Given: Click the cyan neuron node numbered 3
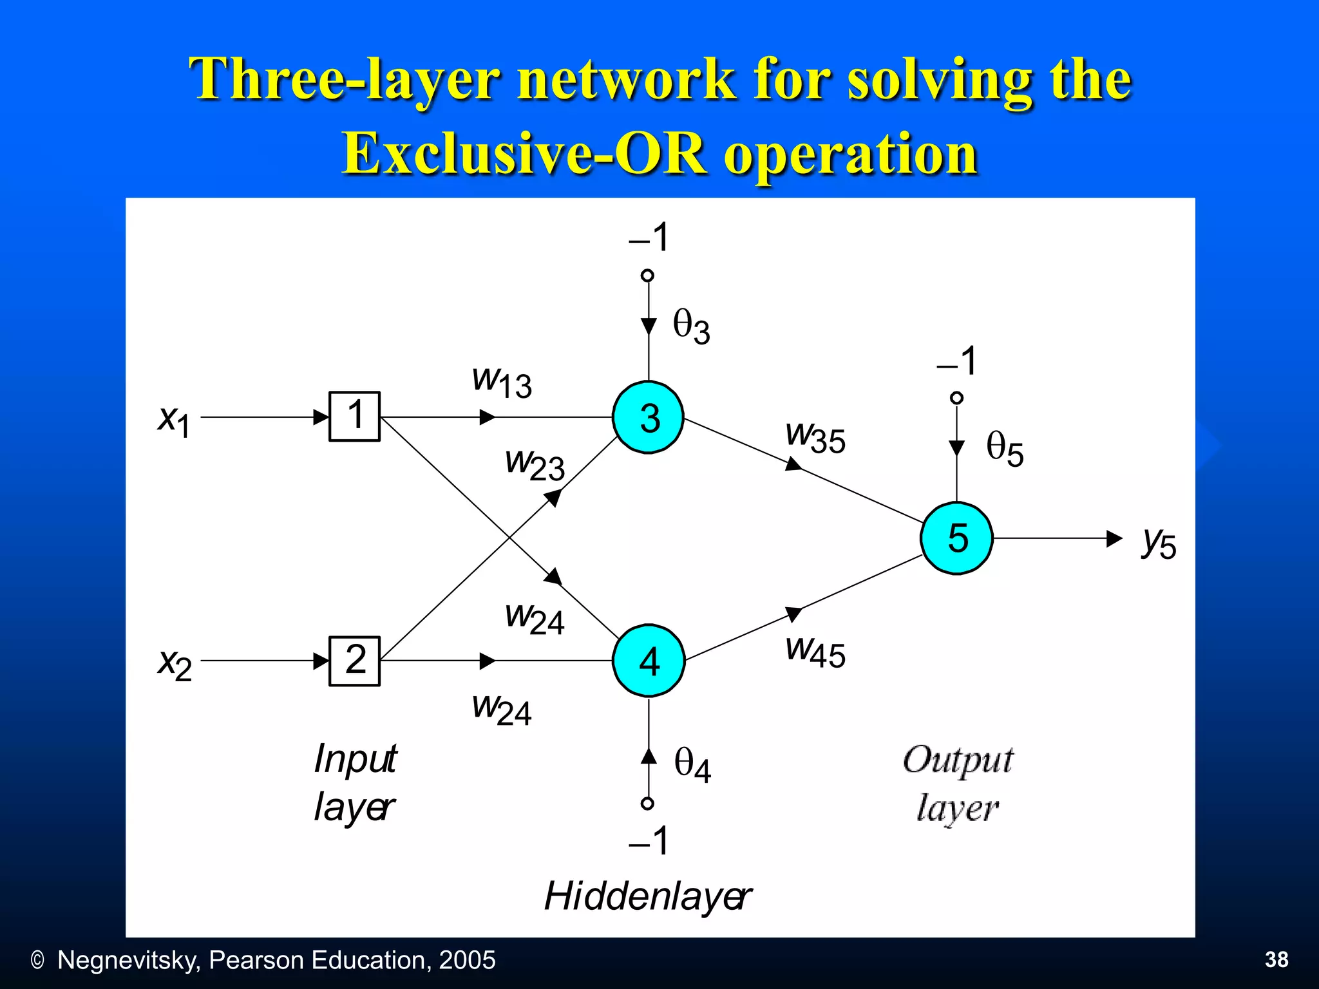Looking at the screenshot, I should coord(648,417).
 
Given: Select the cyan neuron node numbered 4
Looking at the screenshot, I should coord(648,661).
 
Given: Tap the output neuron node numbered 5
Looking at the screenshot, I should coord(956,538).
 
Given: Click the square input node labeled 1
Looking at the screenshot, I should coord(354,416).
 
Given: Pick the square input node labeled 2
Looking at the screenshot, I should coord(354,661).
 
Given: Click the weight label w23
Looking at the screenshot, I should coord(535,464).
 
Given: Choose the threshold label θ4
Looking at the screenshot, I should coord(692,765).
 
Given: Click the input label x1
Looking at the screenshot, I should coord(174,420).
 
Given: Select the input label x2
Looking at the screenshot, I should coord(175,663).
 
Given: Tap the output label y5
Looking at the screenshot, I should coord(1159,542).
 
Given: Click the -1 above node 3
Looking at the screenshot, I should coord(649,238).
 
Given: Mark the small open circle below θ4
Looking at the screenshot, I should coord(648,803).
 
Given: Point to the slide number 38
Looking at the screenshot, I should coord(1276,959).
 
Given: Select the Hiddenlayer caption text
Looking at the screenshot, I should coord(647,896).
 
